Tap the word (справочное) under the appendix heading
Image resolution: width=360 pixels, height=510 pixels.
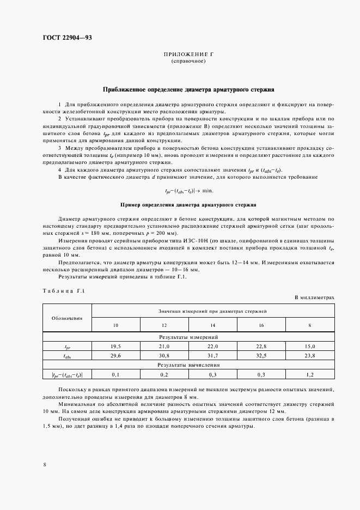[x=188, y=62]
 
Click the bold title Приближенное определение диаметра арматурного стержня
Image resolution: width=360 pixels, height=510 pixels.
[x=188, y=88]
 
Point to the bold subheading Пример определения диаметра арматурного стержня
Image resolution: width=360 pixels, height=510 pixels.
[x=188, y=205]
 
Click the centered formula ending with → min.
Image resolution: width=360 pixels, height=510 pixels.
[x=188, y=191]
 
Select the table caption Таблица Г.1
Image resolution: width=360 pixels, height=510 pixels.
[x=62, y=292]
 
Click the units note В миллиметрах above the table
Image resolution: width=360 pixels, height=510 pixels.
[x=314, y=298]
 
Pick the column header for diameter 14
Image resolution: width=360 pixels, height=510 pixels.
[x=212, y=325]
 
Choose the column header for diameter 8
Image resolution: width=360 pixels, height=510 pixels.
[x=310, y=325]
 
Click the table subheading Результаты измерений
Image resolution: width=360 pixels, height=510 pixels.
[x=188, y=338]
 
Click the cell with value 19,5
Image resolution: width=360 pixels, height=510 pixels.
[x=115, y=346]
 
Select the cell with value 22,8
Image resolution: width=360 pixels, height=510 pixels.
[x=261, y=346]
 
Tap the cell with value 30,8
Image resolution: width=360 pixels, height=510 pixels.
[x=164, y=355]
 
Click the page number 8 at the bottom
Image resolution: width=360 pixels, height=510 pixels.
[x=44, y=464]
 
